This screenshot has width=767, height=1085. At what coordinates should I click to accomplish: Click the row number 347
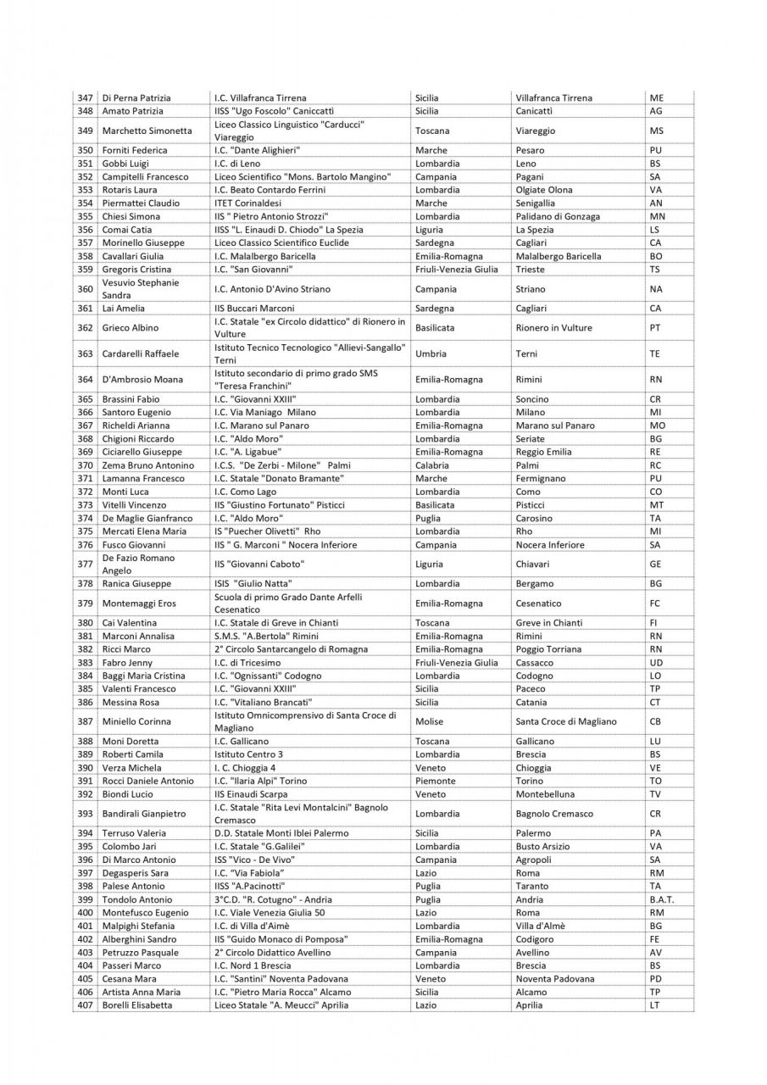(85, 98)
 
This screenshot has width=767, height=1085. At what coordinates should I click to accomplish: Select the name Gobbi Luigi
(126, 164)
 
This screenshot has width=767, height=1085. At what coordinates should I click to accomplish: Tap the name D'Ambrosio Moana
(141, 380)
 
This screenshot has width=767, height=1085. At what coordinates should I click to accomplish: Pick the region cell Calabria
(432, 465)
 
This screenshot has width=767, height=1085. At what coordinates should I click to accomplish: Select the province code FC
(655, 604)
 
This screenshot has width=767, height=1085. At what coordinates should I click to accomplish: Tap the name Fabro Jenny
(127, 663)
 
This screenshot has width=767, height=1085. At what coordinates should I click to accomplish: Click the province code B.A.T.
(660, 899)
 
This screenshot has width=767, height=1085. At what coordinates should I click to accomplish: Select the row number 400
(85, 913)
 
